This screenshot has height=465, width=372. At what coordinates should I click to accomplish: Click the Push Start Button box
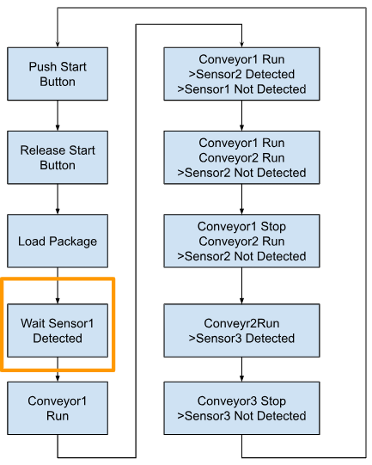(x=58, y=74)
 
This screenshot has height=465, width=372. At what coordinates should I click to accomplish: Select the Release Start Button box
(x=58, y=157)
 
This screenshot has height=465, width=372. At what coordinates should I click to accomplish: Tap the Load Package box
(x=58, y=241)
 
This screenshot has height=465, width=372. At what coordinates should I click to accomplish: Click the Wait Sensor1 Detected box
(x=58, y=330)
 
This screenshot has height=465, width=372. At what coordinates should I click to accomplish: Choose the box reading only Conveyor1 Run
(x=58, y=408)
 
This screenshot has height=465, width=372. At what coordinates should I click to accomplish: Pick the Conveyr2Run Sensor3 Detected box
(x=241, y=330)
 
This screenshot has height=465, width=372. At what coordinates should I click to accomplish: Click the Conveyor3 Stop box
(x=241, y=408)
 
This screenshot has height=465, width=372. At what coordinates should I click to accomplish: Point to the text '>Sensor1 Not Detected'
(x=241, y=89)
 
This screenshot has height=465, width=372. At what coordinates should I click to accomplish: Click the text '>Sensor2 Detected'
(x=241, y=74)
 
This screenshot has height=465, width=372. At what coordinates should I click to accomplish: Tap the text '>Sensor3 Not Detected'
(x=241, y=416)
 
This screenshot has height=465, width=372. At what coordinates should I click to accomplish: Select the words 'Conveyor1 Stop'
(x=241, y=226)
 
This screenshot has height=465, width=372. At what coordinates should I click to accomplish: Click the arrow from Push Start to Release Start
(x=58, y=116)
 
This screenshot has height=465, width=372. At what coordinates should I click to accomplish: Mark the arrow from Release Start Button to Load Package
(x=58, y=199)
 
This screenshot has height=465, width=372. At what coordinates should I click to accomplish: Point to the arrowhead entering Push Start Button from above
(x=58, y=45)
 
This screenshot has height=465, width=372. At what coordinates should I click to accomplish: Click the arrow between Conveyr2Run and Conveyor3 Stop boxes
(x=241, y=370)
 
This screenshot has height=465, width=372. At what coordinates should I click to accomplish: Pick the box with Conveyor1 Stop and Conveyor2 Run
(x=241, y=241)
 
